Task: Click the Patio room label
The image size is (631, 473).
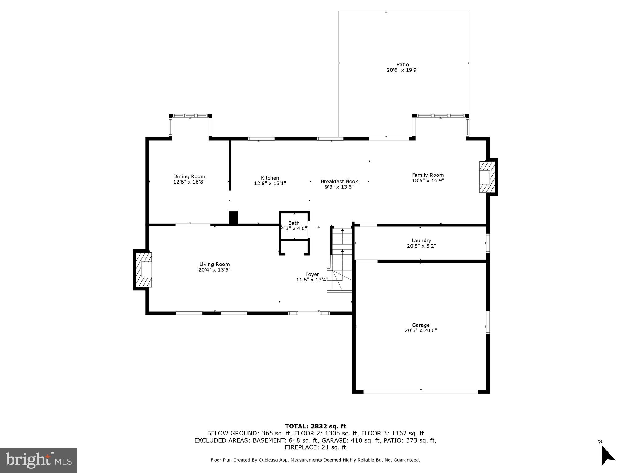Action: point(402,64)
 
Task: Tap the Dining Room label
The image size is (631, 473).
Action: point(189,176)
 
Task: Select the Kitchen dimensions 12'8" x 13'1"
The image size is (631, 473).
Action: point(270,183)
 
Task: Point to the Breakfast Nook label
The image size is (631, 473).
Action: point(339,181)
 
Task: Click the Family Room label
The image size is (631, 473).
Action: point(428,175)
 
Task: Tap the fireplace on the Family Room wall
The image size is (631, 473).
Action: point(487,177)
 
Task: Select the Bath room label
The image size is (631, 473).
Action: point(294,223)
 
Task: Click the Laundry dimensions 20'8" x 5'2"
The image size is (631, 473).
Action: point(421,246)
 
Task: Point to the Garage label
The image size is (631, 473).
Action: point(421,325)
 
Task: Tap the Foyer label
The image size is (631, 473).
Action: point(312,274)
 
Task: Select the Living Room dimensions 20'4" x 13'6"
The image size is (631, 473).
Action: point(214,270)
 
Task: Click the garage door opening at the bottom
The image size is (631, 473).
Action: point(421,392)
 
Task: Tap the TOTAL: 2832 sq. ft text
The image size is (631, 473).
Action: point(315,426)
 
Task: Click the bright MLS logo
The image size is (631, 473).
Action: point(38,460)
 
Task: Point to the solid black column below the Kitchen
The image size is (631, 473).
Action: point(234,217)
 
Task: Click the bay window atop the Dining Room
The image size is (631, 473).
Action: point(190,116)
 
